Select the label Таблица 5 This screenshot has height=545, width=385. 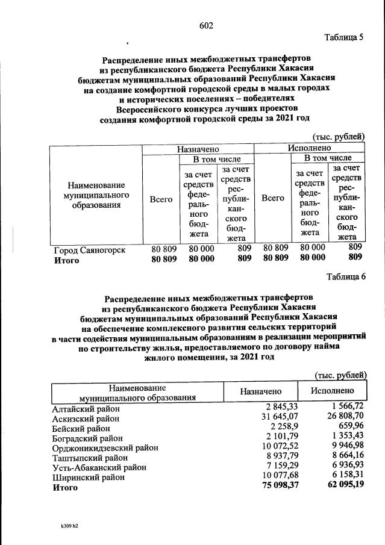(344, 38)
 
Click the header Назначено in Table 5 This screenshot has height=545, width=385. (198, 148)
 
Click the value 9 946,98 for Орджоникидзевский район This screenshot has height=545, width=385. (342, 447)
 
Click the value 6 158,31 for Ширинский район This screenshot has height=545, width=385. (342, 476)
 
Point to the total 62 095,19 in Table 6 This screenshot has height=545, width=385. (340, 487)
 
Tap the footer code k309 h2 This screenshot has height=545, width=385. (66, 526)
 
